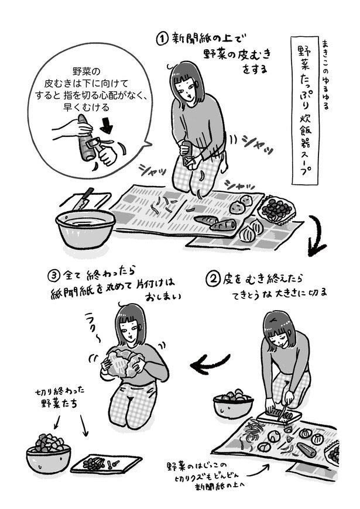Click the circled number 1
[162, 39]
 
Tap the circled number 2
[213, 279]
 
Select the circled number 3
[54, 276]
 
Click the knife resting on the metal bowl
[83, 199]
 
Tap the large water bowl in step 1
[85, 228]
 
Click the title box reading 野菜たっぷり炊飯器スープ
[305, 110]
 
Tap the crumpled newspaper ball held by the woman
[122, 363]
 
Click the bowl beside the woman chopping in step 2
[233, 404]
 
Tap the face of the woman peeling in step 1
[187, 88]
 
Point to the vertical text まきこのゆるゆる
[325, 75]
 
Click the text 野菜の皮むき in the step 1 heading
[237, 54]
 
